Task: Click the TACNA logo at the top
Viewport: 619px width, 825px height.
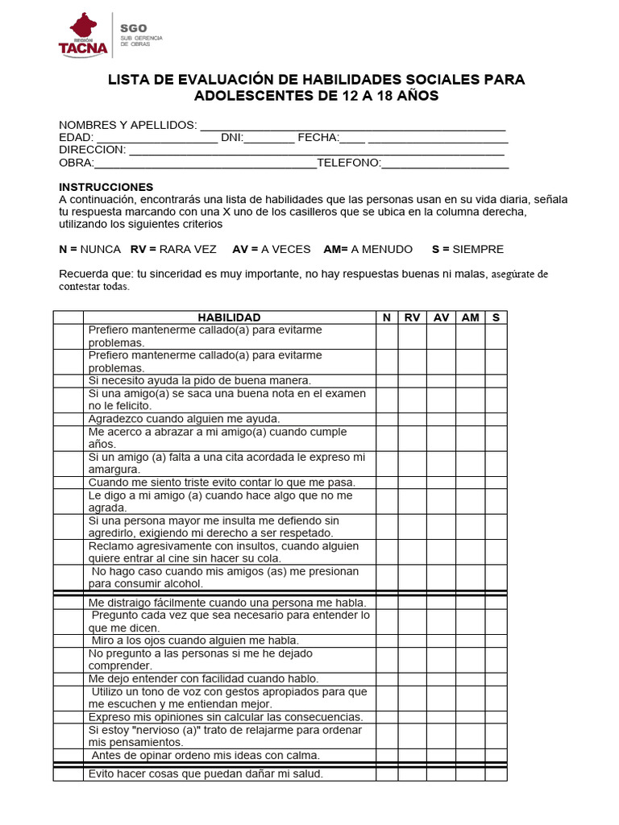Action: click(x=82, y=35)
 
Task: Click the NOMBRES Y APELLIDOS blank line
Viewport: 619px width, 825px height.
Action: click(x=352, y=125)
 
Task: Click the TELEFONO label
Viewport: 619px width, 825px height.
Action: click(x=348, y=163)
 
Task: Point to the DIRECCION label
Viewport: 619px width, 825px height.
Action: click(x=93, y=150)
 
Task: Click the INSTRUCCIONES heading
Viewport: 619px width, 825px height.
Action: click(x=106, y=187)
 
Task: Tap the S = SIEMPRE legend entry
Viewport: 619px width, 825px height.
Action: click(x=467, y=249)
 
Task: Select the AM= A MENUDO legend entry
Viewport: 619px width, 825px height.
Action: click(x=368, y=249)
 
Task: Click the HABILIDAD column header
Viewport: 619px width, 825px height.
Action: click(x=229, y=317)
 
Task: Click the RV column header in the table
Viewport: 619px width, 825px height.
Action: click(x=412, y=317)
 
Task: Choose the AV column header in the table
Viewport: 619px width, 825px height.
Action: click(x=441, y=317)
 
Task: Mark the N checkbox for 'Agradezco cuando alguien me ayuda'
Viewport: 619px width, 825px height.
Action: click(x=387, y=419)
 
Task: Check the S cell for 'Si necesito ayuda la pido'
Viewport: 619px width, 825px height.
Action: click(x=496, y=380)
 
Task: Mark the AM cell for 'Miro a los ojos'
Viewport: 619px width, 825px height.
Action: click(x=470, y=641)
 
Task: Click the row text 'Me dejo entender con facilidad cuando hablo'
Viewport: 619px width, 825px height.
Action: click(x=203, y=678)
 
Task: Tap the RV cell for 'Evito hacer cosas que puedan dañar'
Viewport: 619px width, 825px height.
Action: click(x=412, y=774)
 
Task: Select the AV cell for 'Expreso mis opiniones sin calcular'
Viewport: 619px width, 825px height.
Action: click(x=441, y=717)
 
